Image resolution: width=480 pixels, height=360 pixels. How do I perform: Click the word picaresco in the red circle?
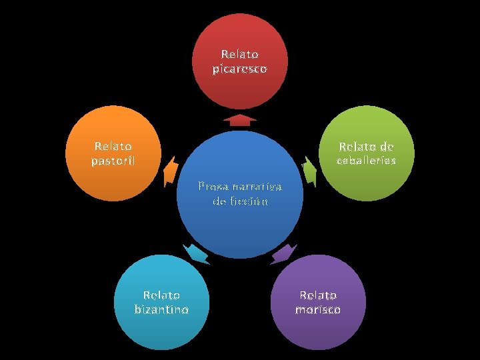click(x=240, y=69)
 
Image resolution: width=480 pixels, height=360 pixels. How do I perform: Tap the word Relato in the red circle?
click(x=240, y=54)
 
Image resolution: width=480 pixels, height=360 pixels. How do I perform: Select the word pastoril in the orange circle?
click(x=113, y=161)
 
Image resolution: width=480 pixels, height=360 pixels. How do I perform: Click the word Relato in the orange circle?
click(x=113, y=146)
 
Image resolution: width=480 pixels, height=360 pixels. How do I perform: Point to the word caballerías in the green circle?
click(x=366, y=161)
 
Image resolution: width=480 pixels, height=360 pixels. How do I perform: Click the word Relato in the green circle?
click(x=357, y=147)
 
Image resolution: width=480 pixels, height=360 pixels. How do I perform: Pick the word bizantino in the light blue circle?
click(x=161, y=309)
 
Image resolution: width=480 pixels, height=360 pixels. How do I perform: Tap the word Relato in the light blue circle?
click(x=161, y=295)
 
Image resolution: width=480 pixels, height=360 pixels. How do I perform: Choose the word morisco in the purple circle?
click(x=318, y=309)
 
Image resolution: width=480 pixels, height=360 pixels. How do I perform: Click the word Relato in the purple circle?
click(x=318, y=295)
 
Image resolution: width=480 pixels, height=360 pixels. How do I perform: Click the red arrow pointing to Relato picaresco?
click(x=240, y=120)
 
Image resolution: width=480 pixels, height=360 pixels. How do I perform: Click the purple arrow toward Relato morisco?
click(x=284, y=253)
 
